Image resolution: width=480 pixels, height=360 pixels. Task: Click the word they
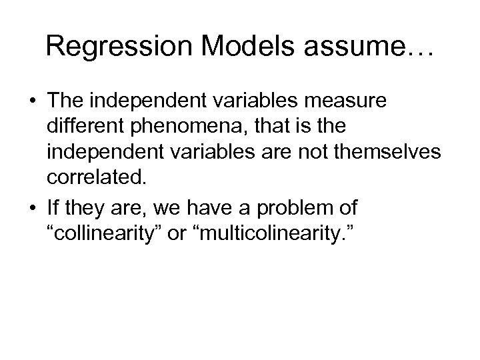click(x=85, y=209)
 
